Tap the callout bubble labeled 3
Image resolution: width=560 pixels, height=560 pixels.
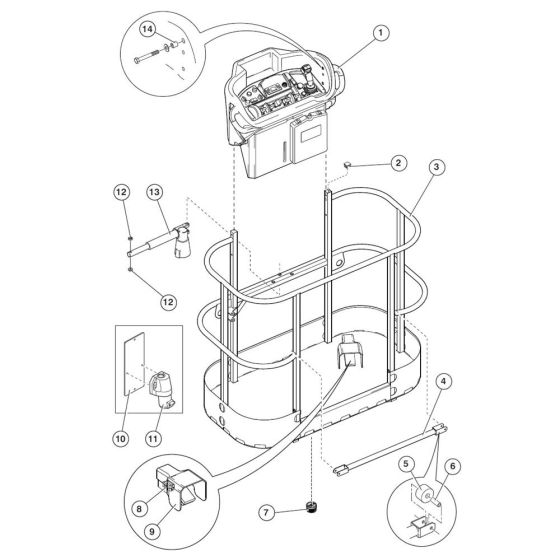coord(436,169)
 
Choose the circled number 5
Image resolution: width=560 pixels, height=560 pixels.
coord(406,464)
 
